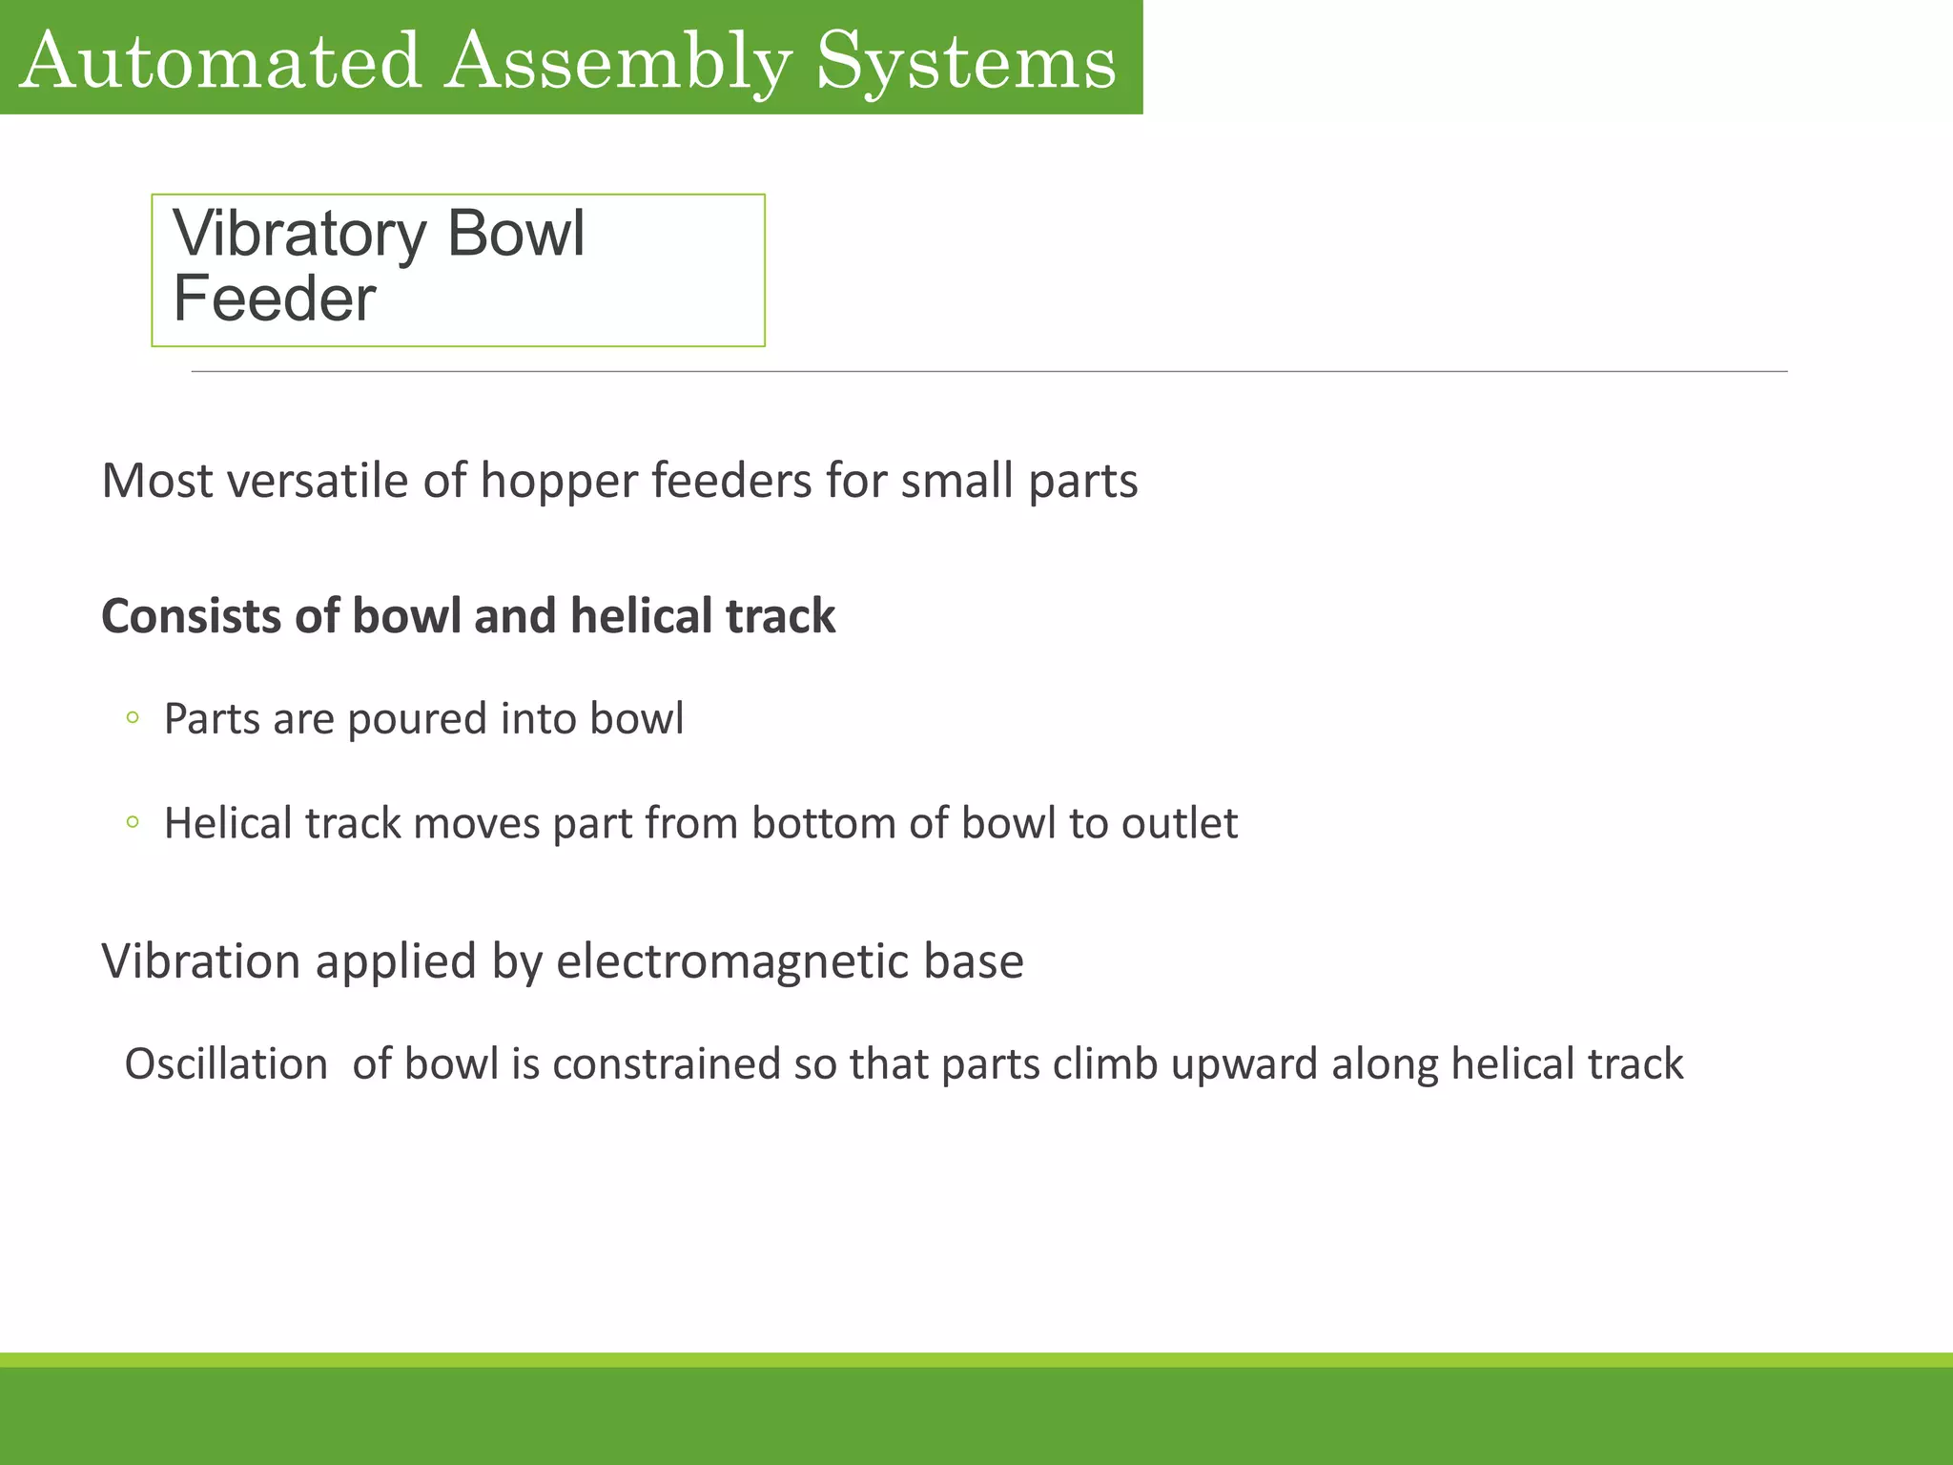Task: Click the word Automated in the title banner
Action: [x=219, y=62]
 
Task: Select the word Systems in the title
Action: [x=966, y=62]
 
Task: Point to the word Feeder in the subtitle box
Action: [x=275, y=299]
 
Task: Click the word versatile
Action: [x=319, y=480]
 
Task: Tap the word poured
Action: [x=418, y=719]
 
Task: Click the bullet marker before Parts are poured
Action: [x=133, y=717]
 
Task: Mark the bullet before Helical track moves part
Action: [x=133, y=821]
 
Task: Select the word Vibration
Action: [x=201, y=960]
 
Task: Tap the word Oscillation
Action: [x=226, y=1063]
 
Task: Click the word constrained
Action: [x=666, y=1063]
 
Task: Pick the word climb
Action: [x=1104, y=1063]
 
